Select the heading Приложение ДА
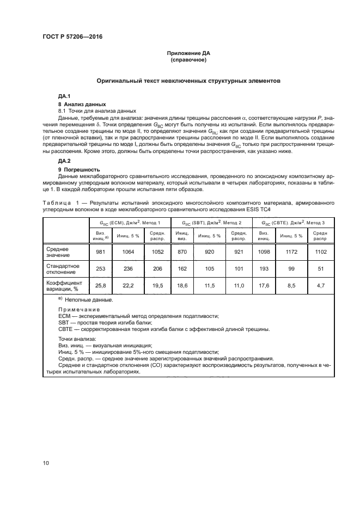click(x=188, y=53)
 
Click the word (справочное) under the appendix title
click(x=188, y=60)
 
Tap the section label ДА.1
click(x=64, y=96)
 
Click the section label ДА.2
click(x=64, y=161)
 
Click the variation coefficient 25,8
click(x=100, y=286)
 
